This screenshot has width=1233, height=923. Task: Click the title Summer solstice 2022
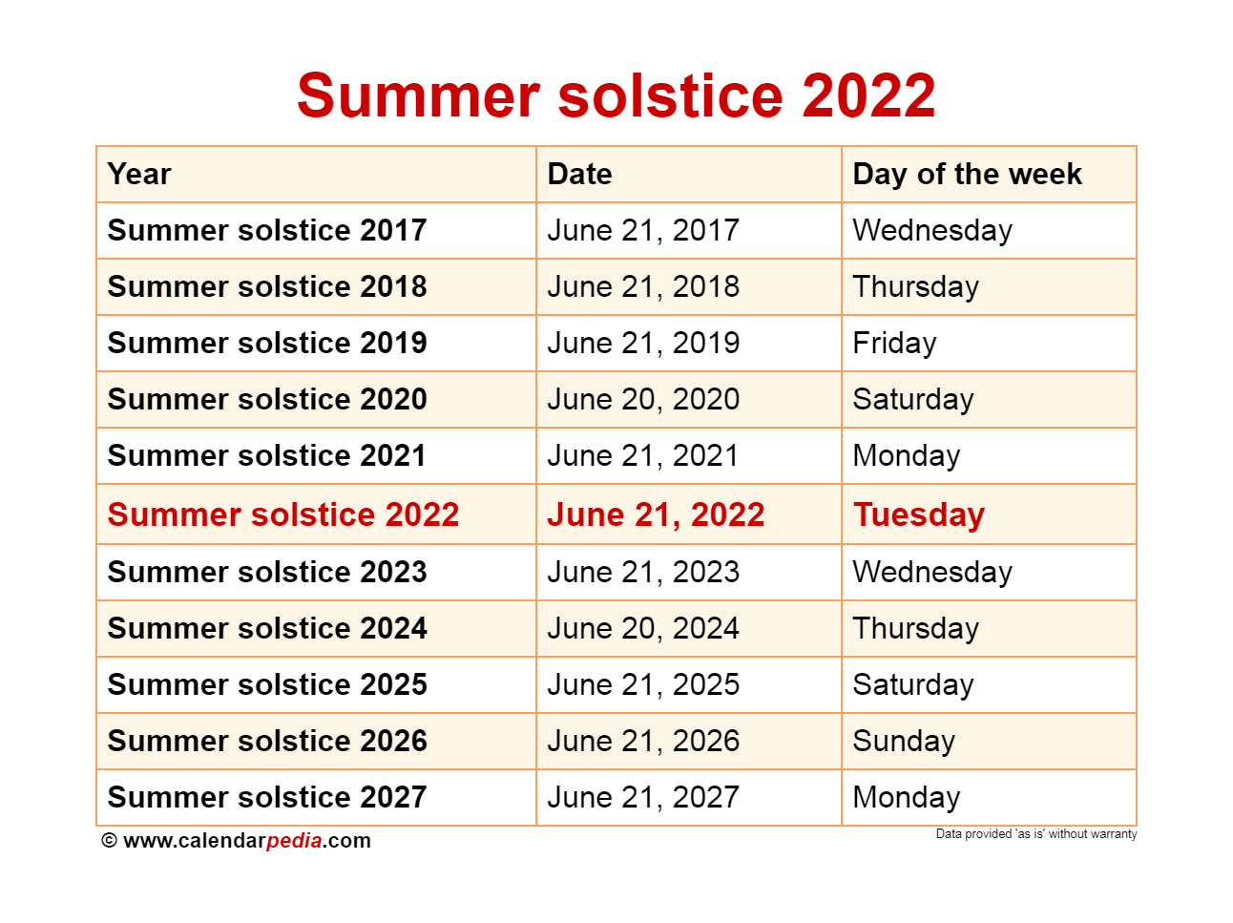(616, 95)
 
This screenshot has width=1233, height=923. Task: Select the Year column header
(138, 174)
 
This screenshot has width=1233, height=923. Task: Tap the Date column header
(579, 174)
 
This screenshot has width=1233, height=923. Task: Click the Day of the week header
(966, 174)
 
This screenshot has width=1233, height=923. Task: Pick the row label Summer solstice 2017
(267, 230)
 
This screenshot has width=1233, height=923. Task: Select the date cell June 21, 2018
(643, 286)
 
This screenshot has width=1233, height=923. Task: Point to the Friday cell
(894, 344)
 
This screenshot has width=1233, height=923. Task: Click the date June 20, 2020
(643, 399)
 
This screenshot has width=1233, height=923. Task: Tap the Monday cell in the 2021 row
(906, 455)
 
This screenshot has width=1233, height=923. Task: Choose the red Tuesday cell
(918, 514)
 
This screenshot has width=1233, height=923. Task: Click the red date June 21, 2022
(656, 514)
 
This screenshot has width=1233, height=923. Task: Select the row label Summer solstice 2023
(267, 572)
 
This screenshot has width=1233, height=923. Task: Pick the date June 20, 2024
(643, 628)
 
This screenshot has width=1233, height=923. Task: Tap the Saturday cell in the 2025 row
(912, 684)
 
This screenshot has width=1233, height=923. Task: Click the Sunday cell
(903, 741)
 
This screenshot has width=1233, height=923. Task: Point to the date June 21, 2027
(643, 797)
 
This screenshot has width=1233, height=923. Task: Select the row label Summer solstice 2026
(267, 741)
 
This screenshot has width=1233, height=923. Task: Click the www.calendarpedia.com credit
(236, 841)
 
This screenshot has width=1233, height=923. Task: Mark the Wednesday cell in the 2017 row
(932, 230)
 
